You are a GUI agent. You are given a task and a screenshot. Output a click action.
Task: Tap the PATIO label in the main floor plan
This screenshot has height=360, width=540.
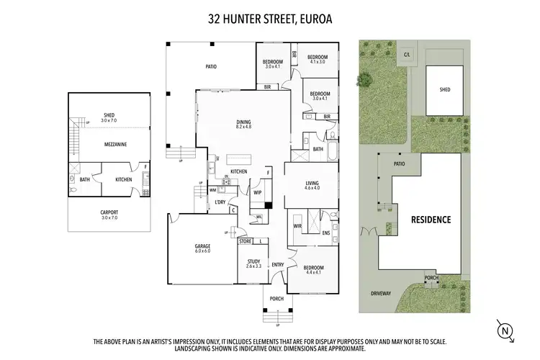211,67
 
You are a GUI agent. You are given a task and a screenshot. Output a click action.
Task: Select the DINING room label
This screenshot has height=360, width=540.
243,122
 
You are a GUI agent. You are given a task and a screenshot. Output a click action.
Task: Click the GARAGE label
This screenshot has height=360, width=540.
202,246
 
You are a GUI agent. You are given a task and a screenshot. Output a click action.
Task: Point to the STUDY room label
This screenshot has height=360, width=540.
253,261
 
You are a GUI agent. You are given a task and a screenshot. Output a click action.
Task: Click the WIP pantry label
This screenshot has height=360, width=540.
257,193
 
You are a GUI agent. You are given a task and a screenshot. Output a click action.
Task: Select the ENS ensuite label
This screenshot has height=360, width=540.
325,233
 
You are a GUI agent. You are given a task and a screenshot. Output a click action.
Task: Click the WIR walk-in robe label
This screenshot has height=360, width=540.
297,225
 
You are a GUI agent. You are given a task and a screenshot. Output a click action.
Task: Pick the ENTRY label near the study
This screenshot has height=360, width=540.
278,265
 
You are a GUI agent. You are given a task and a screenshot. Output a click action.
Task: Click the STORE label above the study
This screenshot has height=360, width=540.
246,242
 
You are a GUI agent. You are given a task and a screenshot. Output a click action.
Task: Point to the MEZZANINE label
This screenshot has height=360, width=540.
114,145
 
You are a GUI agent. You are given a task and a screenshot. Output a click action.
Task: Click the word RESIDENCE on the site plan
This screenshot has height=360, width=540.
431,219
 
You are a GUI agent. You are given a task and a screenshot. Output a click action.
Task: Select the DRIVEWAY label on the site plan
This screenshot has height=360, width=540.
381,294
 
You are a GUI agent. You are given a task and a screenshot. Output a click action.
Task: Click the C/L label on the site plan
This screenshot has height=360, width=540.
408,54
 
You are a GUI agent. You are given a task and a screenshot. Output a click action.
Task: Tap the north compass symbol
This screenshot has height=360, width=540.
506,330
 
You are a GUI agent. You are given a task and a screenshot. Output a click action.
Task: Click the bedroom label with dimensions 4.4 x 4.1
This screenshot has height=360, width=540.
313,270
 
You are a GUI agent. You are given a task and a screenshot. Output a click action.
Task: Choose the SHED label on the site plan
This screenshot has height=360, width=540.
445,90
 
